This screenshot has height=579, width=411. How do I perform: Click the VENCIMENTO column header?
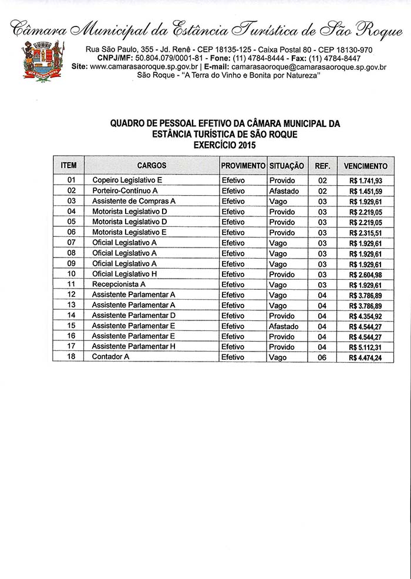(365, 166)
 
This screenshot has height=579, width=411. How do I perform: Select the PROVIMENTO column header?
(243, 166)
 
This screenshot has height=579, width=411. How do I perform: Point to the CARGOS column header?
(151, 166)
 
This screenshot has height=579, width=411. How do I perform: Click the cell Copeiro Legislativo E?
(127, 180)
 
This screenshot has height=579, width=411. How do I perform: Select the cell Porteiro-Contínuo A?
(125, 191)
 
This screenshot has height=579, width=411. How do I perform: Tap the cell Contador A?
(110, 357)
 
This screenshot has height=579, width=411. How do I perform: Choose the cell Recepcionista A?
(119, 285)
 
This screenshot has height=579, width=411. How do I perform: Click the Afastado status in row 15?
(284, 326)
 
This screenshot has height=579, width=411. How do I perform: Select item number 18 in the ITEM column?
(72, 357)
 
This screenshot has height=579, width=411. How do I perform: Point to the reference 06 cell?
(322, 357)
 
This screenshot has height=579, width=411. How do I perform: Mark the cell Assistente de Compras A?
(134, 201)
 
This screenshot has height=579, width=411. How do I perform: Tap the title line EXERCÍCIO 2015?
(225, 144)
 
